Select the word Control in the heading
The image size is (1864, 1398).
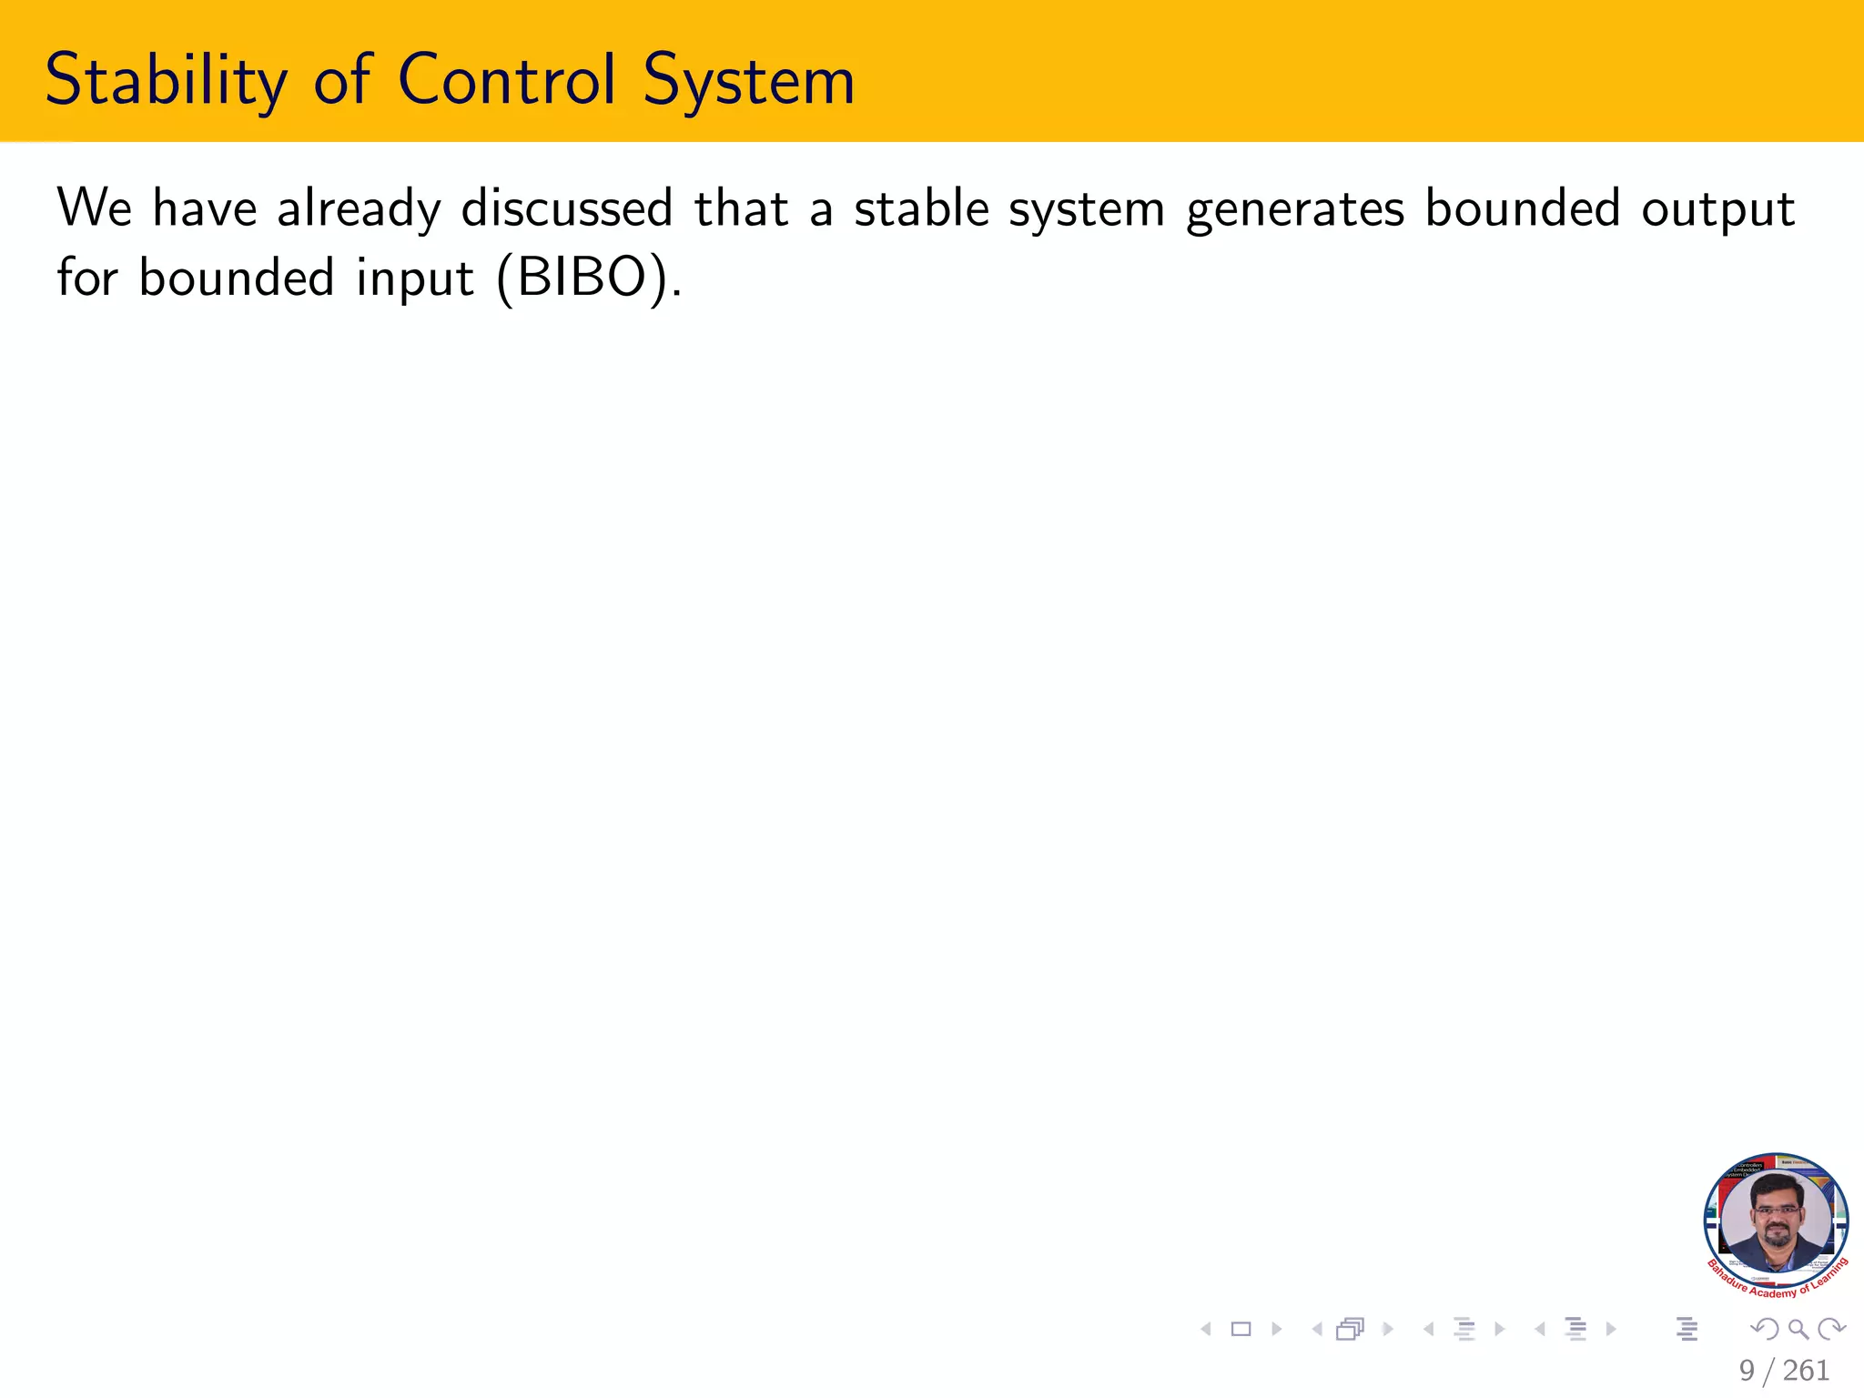coord(507,80)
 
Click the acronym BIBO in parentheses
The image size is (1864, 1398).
coord(582,278)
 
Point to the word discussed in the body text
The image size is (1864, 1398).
coord(567,208)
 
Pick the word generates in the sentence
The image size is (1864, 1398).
coord(1295,210)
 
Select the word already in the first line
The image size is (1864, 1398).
coord(359,210)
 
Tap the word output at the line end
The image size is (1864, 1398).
coord(1717,210)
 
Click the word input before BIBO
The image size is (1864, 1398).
coord(415,279)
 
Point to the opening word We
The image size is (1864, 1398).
coord(95,208)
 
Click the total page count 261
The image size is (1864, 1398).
coord(1806,1371)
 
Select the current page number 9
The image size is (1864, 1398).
coord(1747,1371)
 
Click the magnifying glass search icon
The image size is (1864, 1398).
coord(1798,1330)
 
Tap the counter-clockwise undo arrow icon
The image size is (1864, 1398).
coord(1765,1330)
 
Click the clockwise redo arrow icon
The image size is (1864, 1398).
coord(1830,1330)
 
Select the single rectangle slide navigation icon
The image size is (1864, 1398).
coord(1241,1330)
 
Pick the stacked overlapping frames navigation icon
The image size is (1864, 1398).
coord(1351,1330)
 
